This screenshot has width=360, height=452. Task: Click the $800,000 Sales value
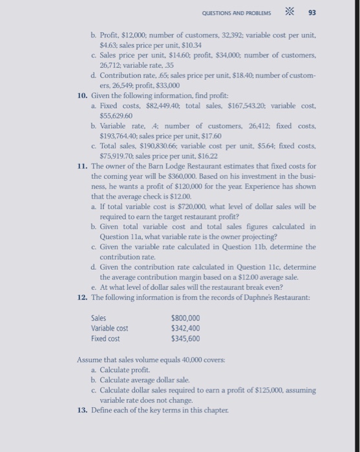click(185, 318)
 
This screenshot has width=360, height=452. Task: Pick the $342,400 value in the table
click(185, 328)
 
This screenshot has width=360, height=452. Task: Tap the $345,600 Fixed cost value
click(185, 338)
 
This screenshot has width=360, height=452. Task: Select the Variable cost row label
click(111, 328)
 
